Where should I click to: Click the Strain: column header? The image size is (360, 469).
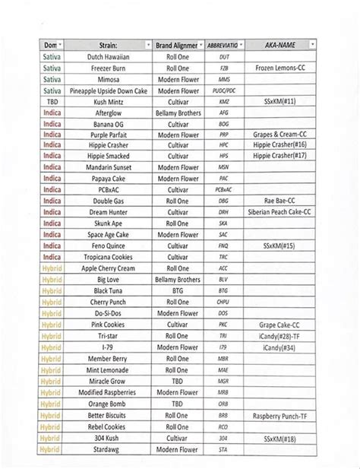point(107,46)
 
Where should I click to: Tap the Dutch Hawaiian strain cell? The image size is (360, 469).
point(107,57)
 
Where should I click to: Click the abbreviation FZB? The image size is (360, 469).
point(223,68)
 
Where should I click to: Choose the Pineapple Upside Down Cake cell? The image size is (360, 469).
point(107,90)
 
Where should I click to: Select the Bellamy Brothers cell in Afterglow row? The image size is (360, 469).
point(178,112)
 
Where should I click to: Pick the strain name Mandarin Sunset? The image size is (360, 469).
point(107,166)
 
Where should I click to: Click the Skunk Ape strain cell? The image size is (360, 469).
point(107,223)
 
